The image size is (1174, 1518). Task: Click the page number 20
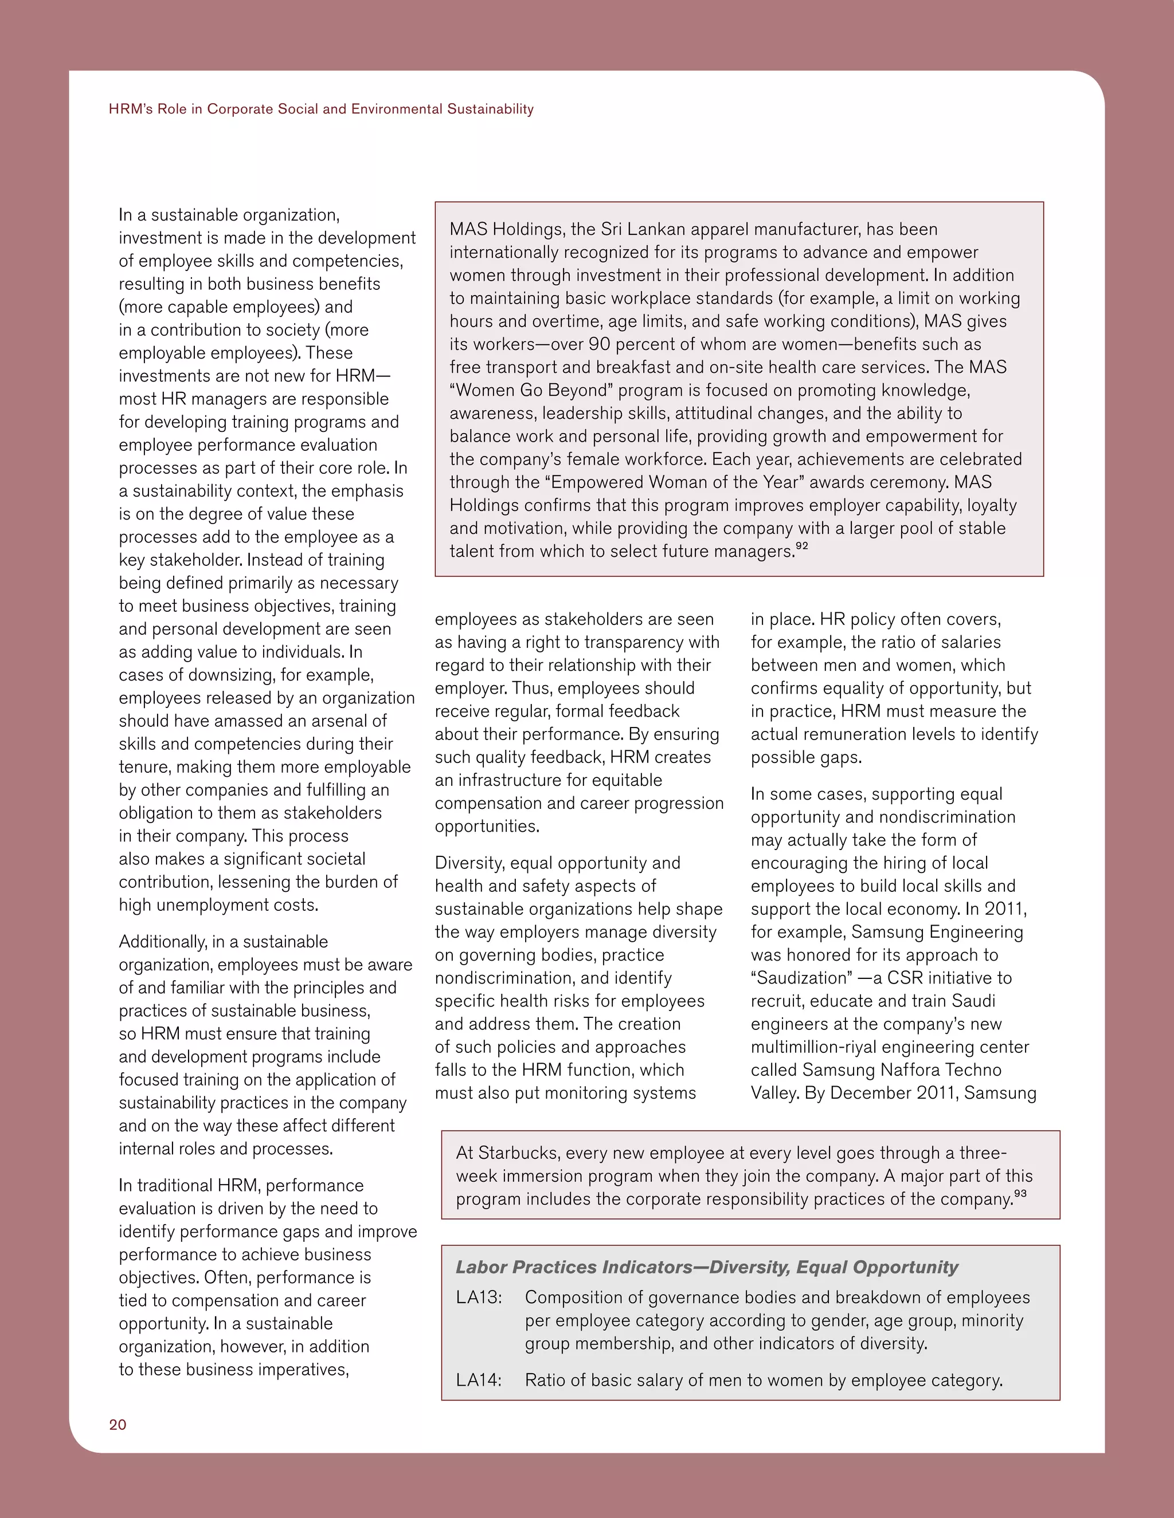pos(118,1425)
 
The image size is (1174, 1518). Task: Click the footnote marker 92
pos(802,546)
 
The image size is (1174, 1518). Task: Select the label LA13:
pos(479,1297)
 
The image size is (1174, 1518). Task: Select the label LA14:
pos(479,1381)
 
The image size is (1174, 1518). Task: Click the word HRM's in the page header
pos(127,109)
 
